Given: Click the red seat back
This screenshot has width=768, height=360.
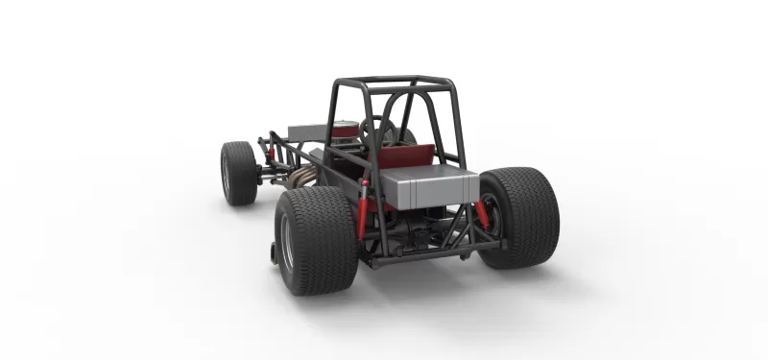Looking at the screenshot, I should [408, 156].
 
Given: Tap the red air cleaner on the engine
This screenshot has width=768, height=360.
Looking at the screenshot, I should [344, 128].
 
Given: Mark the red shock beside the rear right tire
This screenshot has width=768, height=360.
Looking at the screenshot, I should [483, 213].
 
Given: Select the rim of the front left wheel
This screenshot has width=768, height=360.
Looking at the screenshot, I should [227, 173].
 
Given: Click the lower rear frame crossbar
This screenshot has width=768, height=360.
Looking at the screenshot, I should [432, 254].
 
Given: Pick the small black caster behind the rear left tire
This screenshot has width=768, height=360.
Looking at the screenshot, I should [274, 255].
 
